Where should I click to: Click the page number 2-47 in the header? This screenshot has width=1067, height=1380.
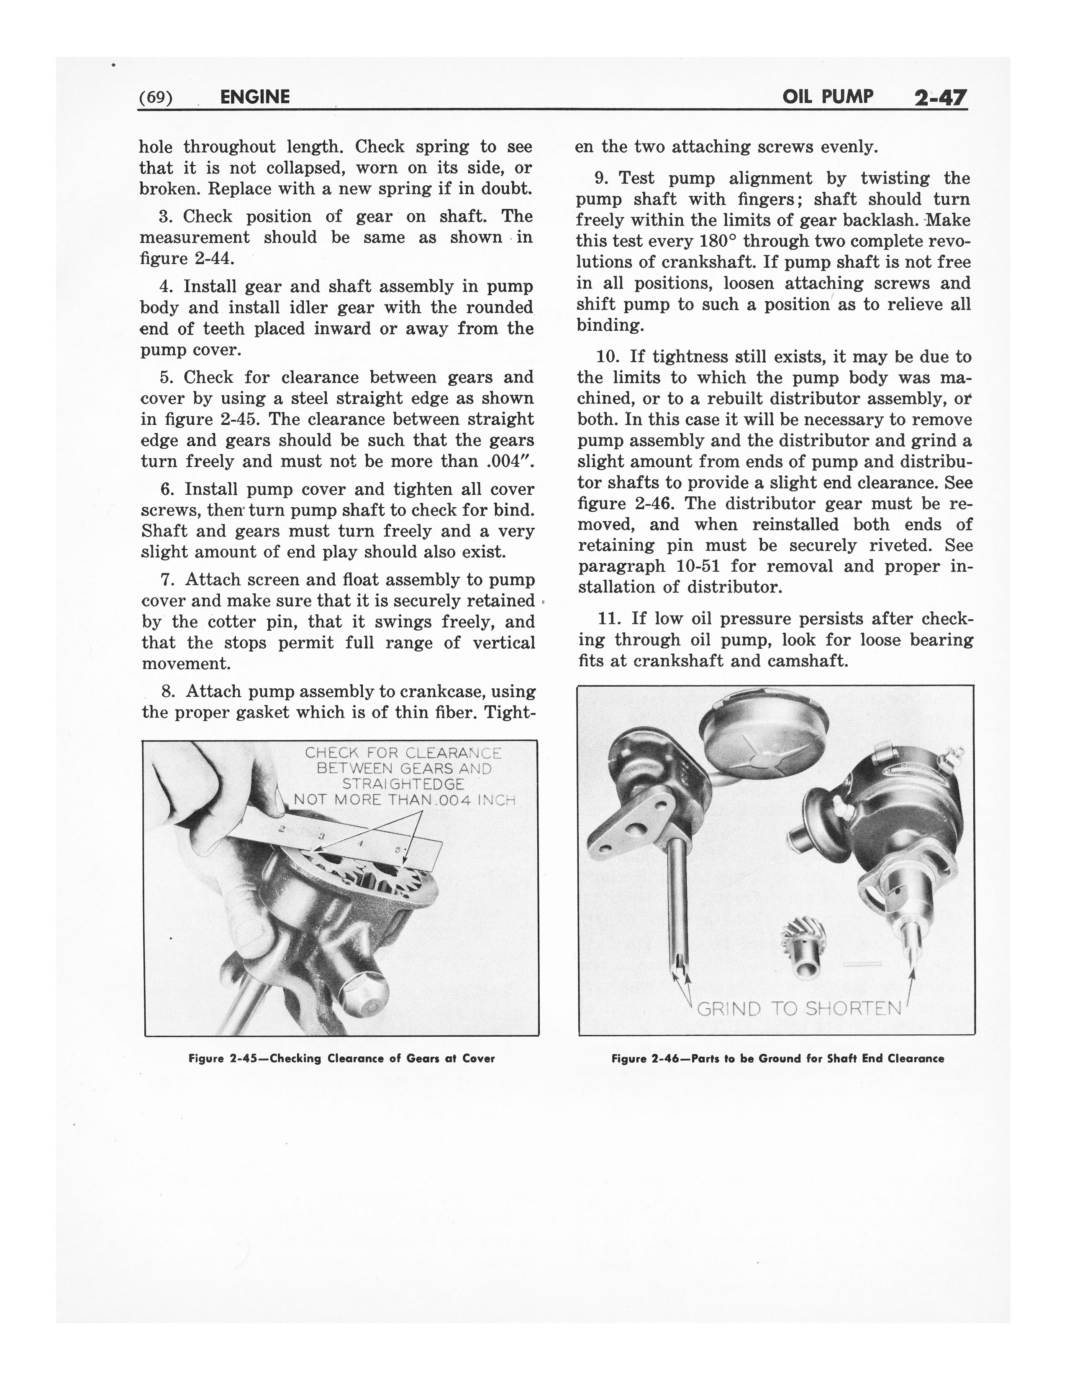pyautogui.click(x=940, y=98)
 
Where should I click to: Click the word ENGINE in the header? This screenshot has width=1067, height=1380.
pyautogui.click(x=255, y=97)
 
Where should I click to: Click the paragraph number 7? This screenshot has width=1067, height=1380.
pyautogui.click(x=166, y=580)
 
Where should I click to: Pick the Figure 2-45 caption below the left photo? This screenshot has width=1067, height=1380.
pyautogui.click(x=341, y=1058)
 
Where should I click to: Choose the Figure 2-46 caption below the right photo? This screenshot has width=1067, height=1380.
pyautogui.click(x=777, y=1058)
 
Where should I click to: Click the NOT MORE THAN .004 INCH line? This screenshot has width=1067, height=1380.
pyautogui.click(x=405, y=800)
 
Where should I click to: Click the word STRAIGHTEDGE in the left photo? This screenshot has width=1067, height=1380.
pyautogui.click(x=403, y=784)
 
